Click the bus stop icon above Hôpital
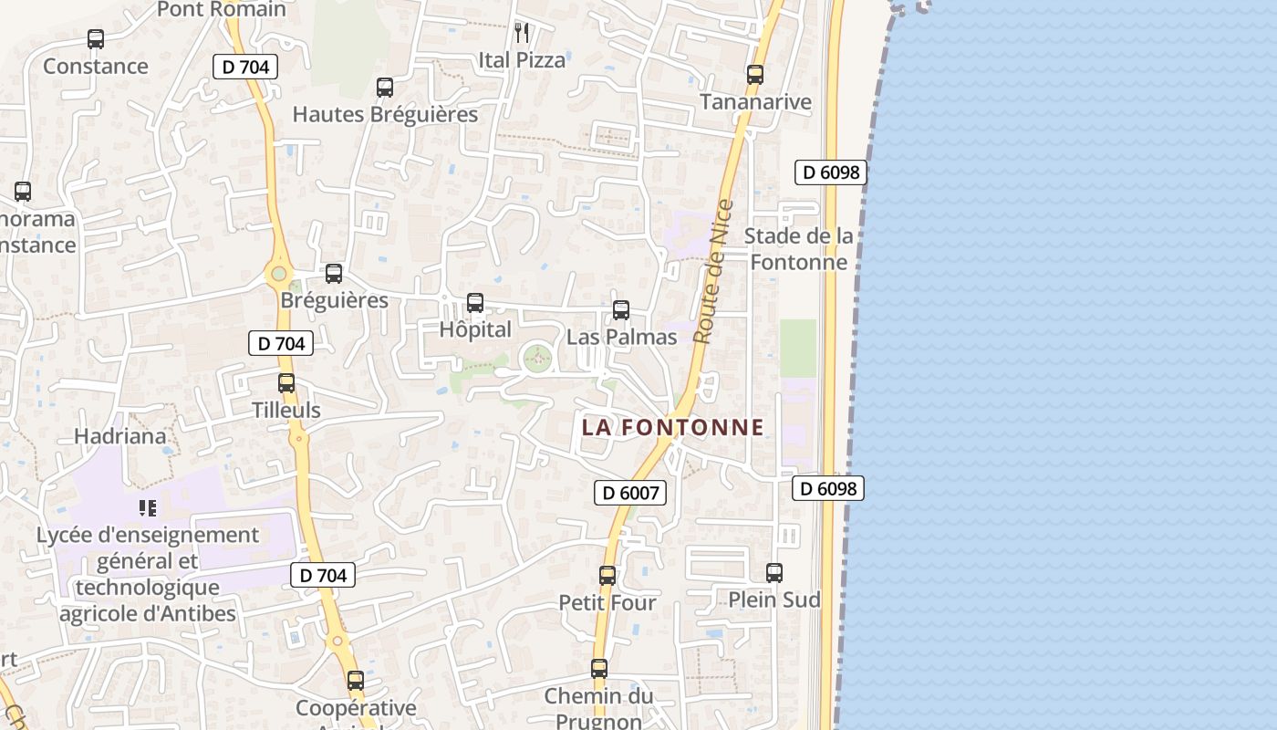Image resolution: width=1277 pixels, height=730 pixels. point(474,303)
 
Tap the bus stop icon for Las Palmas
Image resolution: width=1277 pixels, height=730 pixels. point(621,310)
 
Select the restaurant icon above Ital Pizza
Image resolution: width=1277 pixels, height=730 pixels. point(522,33)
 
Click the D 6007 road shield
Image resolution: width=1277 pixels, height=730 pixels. point(630,493)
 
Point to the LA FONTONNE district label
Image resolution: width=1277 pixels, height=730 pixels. point(673,427)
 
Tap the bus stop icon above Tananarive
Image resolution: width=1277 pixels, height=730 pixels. point(755,75)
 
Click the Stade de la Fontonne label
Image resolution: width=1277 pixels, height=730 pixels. point(798,249)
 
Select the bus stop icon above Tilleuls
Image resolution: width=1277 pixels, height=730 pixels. point(286,383)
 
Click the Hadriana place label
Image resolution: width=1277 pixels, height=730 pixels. point(120,436)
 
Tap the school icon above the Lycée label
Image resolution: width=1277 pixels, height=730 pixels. point(148,507)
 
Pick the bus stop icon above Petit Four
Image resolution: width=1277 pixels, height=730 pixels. point(607,576)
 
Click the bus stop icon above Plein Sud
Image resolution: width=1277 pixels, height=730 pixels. point(774,573)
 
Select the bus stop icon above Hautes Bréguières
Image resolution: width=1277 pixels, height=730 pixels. point(385,88)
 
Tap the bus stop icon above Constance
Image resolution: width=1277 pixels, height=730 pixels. point(96,39)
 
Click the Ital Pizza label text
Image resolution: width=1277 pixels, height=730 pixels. point(522,60)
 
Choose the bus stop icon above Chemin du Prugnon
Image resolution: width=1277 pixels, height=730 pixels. point(599,669)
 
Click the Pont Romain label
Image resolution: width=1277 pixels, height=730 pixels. point(222,10)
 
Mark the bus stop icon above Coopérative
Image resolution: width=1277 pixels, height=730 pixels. point(356,681)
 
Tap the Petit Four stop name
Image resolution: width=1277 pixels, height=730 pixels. point(607,603)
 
